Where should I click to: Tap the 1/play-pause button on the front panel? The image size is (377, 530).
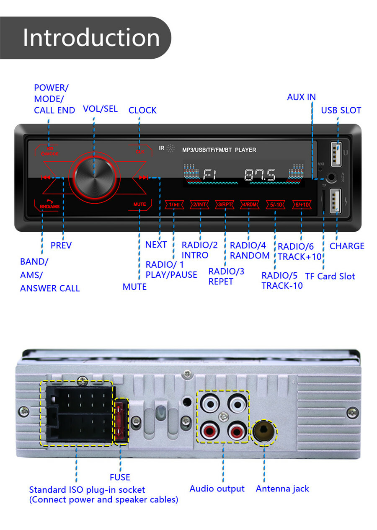click(174, 204)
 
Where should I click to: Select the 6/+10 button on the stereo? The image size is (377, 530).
click(301, 204)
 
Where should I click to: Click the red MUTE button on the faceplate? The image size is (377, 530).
click(139, 204)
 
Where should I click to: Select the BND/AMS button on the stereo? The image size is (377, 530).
click(49, 205)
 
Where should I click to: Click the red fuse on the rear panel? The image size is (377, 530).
click(121, 421)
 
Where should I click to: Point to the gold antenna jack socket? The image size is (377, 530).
click(264, 431)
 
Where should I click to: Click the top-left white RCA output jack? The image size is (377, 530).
click(209, 404)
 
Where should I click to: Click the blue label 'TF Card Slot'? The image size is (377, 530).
click(330, 276)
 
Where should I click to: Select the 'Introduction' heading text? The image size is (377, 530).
click(91, 38)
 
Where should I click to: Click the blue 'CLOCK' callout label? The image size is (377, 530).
click(142, 110)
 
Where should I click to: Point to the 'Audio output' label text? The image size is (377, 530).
click(217, 489)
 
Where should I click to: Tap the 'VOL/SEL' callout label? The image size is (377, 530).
click(100, 109)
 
